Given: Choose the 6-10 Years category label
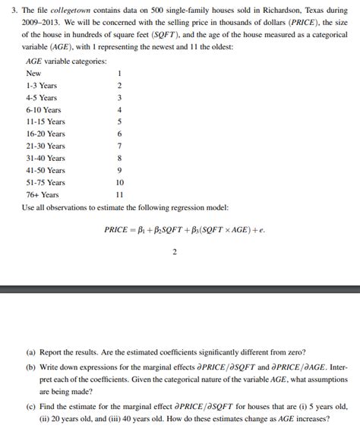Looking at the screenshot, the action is tap(43, 109).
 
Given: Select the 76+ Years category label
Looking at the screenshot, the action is tap(42, 194).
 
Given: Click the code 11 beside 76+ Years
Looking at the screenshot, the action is tap(120, 194).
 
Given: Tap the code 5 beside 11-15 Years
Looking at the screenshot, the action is tap(120, 121).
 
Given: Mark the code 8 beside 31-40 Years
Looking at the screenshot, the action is tap(120, 158).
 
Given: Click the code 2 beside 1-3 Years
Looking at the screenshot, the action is tap(120, 85).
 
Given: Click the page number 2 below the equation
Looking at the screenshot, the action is tap(175, 253).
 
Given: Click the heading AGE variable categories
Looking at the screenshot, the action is tap(66, 61).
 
